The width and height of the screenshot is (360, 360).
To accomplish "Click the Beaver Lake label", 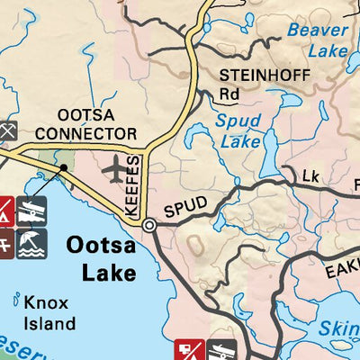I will (317, 40).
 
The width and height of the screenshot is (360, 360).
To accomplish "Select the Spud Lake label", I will (239, 130).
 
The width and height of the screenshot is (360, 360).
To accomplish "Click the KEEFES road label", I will (133, 184).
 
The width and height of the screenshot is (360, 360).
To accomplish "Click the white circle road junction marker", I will (149, 227).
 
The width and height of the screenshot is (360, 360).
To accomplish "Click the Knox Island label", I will (50, 311).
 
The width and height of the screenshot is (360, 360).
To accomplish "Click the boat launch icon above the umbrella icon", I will (31, 211).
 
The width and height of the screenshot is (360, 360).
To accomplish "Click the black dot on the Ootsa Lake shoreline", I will (64, 167).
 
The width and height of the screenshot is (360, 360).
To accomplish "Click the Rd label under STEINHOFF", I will (229, 93).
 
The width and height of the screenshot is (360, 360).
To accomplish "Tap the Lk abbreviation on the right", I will (311, 175).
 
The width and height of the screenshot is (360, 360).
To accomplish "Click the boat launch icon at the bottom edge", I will (222, 351).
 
